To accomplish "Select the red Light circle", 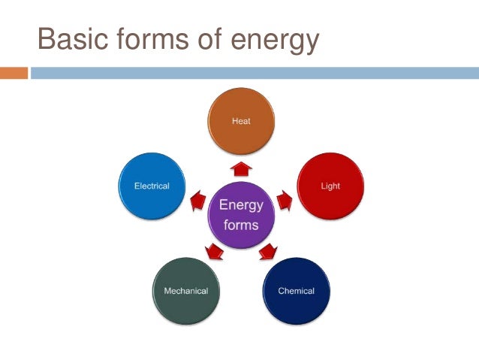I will [330, 186].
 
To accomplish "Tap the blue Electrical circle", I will [151, 186].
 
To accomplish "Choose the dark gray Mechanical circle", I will [185, 291].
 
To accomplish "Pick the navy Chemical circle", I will [296, 291].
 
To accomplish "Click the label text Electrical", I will [151, 186].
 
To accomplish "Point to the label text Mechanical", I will [185, 291].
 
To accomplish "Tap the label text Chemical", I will [296, 291].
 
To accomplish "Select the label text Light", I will [330, 186].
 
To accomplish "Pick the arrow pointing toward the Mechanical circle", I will [213, 251].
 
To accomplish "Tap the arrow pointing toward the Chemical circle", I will [267, 252].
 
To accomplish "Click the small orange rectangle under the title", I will [14, 73].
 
